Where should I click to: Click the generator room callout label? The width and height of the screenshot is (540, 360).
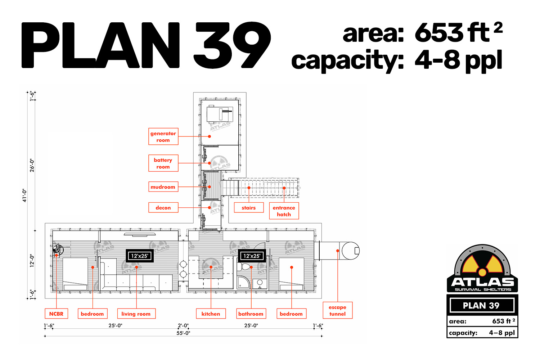point(163,136)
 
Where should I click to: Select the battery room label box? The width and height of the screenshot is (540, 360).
point(163,163)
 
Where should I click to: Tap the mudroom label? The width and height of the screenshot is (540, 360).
point(163,187)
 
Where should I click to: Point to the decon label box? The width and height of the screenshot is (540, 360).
point(163,208)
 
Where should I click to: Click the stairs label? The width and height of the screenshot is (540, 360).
point(249,208)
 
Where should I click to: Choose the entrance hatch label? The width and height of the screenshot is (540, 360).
point(284,211)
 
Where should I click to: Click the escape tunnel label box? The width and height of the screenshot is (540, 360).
point(338,310)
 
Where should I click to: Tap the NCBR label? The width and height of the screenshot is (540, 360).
point(57,314)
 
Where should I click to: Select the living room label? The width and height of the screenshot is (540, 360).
point(136,314)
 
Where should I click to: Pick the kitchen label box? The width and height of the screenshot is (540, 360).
point(211,314)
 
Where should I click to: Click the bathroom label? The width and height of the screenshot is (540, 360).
point(251,314)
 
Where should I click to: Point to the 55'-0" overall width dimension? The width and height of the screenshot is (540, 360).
point(184,333)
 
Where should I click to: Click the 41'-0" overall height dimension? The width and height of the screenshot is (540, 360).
point(24,195)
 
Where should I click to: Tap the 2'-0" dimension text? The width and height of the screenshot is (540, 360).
point(184,325)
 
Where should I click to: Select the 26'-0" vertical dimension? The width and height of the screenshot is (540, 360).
point(32,165)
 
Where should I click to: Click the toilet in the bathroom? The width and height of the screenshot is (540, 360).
point(244,267)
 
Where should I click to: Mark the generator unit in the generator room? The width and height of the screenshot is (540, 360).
point(220,114)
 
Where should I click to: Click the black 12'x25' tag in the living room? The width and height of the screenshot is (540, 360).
point(140,256)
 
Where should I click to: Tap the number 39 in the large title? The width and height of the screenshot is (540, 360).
point(233,45)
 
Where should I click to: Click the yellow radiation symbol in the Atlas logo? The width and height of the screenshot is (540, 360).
point(482,266)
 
